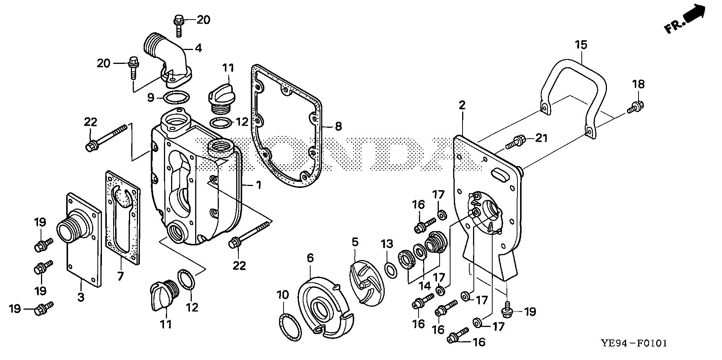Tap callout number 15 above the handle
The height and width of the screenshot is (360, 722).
coord(581,45)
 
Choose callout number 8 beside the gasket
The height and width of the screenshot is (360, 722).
coord(338,126)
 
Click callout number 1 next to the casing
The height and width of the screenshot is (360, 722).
coord(258,185)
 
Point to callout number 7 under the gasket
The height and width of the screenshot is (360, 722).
coord(120,277)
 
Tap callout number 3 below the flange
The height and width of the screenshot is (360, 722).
coord(81,297)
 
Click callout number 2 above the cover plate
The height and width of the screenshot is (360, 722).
coord(462,105)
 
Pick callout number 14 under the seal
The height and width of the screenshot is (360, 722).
coord(425,286)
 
